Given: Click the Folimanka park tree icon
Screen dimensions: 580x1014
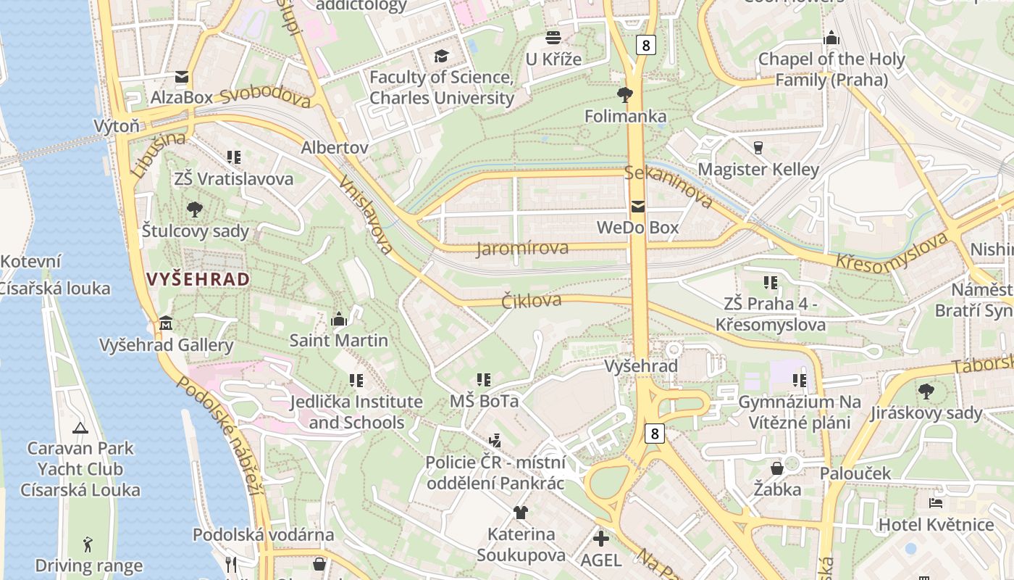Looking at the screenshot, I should (624, 94).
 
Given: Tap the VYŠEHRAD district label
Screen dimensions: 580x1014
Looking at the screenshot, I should (198, 279).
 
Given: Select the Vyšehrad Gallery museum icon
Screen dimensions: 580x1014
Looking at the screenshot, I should (166, 323).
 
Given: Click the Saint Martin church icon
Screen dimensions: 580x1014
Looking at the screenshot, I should (338, 319).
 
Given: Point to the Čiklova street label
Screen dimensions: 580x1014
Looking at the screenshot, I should (532, 301).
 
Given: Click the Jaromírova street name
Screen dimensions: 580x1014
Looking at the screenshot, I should (522, 249).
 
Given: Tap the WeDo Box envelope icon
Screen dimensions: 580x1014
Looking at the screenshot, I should (637, 207).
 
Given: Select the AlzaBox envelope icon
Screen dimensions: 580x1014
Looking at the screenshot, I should (181, 76).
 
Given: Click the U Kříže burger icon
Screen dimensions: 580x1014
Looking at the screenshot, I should (553, 38).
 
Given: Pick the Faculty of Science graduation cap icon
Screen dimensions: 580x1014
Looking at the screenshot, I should (441, 56).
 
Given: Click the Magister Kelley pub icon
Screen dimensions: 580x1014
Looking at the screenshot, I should (758, 148).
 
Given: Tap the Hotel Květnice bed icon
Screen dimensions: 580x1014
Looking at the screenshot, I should (935, 502).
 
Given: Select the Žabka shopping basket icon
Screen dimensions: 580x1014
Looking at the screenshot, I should (776, 468).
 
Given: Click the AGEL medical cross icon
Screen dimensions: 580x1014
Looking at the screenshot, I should (600, 539).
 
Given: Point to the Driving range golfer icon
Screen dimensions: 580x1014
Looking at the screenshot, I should (88, 544).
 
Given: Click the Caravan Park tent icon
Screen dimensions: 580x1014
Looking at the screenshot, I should (80, 428).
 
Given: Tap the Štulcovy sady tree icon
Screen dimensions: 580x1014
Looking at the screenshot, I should (194, 210).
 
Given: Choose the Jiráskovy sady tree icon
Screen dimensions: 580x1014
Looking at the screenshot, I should (926, 391).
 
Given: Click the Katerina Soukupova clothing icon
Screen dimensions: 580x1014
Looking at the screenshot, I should (520, 513).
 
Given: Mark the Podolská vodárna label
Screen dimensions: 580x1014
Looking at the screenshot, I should (263, 535).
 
